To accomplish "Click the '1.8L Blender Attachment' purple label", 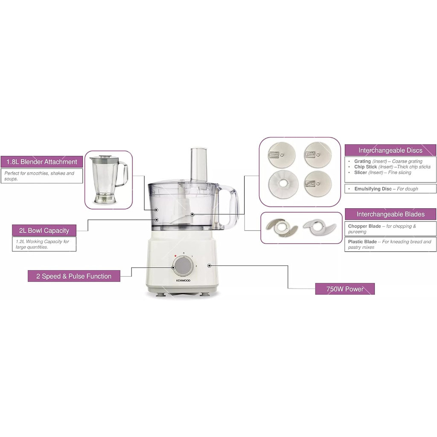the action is pos(42,162).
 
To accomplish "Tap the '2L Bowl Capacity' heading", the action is pos(44,230).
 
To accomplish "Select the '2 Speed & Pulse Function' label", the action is pos(74,276).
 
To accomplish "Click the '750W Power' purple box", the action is pos(345,289).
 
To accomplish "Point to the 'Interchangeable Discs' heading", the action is pos(390,150).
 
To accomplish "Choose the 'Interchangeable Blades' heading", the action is pos(390,214).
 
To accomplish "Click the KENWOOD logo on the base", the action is pos(183,281).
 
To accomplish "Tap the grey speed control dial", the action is pos(183,266).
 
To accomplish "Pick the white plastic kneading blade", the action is pos(320,226).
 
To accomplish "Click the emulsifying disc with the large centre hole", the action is pos(283,184).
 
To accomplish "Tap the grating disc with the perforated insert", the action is pos(282,155).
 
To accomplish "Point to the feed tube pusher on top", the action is pos(199,164).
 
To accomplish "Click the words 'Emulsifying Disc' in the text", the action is pos(373,189).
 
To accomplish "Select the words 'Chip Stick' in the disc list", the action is pos(365,167).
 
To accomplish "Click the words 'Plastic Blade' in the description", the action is pos(362,242).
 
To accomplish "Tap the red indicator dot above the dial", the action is pos(175,256).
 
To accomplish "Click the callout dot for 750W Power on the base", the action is pos(209,265).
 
